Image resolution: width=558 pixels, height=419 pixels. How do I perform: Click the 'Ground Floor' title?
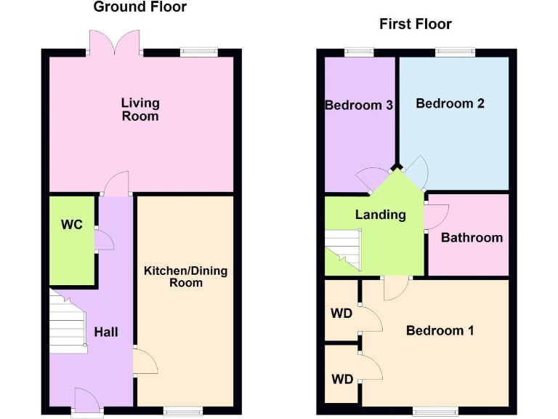[140, 7]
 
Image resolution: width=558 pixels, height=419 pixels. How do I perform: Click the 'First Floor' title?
[415, 24]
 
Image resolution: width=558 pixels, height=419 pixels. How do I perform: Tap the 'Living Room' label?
[140, 109]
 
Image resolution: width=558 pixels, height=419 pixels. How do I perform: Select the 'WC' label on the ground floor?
[71, 225]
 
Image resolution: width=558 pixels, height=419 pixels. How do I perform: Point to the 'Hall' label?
[106, 332]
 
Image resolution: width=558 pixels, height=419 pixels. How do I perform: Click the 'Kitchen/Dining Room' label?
[185, 276]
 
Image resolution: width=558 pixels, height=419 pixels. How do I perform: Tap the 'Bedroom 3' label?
[359, 105]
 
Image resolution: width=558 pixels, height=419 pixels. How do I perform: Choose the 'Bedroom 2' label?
[450, 103]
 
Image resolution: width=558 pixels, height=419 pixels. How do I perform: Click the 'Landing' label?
[380, 215]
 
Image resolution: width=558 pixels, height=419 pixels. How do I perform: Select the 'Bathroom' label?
[472, 237]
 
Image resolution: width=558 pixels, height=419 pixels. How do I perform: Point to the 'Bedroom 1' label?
[440, 330]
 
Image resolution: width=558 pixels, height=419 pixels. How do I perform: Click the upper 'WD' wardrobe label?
[341, 314]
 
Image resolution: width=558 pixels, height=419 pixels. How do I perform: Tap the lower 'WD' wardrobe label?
[341, 379]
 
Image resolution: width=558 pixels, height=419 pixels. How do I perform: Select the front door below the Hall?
[87, 402]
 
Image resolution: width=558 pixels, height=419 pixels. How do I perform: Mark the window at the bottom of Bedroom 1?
[436, 411]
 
